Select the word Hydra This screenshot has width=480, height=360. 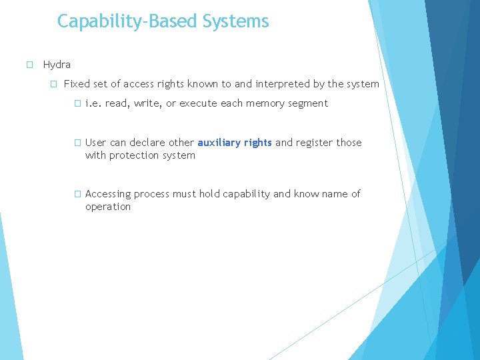57,65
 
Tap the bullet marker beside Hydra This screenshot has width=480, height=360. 29,65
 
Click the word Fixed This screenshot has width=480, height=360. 76,84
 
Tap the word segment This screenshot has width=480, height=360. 309,103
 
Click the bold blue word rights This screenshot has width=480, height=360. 257,142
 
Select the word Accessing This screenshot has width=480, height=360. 108,194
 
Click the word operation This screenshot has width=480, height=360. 108,207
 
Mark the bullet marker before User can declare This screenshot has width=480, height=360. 77,142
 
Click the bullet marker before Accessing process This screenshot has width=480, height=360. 77,194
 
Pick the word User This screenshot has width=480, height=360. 96,142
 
